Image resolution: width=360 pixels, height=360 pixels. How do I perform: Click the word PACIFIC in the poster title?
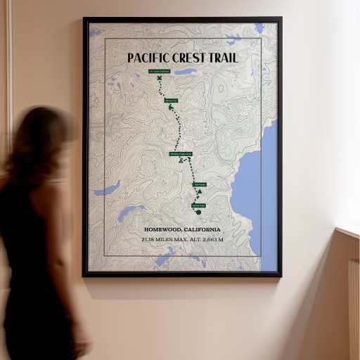[x=149, y=58]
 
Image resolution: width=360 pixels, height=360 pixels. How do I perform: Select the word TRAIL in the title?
[x=224, y=58]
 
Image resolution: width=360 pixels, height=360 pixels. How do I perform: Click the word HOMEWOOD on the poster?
[x=164, y=230]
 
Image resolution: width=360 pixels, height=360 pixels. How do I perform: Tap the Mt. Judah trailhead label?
[x=160, y=71]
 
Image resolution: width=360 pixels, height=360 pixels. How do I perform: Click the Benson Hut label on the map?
[x=171, y=101]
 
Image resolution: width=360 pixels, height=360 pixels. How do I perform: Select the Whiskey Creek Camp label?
[x=181, y=153]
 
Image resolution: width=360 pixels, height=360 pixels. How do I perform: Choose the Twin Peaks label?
[x=199, y=185]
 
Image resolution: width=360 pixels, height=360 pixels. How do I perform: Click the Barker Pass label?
[x=198, y=205]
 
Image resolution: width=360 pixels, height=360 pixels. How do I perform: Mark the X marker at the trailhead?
[x=160, y=78]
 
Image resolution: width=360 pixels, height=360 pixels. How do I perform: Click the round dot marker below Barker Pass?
[x=198, y=212]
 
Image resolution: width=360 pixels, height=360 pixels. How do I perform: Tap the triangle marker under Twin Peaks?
[x=200, y=191]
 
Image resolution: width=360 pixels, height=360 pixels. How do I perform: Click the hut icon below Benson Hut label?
[x=171, y=108]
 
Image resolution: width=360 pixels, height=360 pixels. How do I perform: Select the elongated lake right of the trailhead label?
[x=186, y=71]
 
